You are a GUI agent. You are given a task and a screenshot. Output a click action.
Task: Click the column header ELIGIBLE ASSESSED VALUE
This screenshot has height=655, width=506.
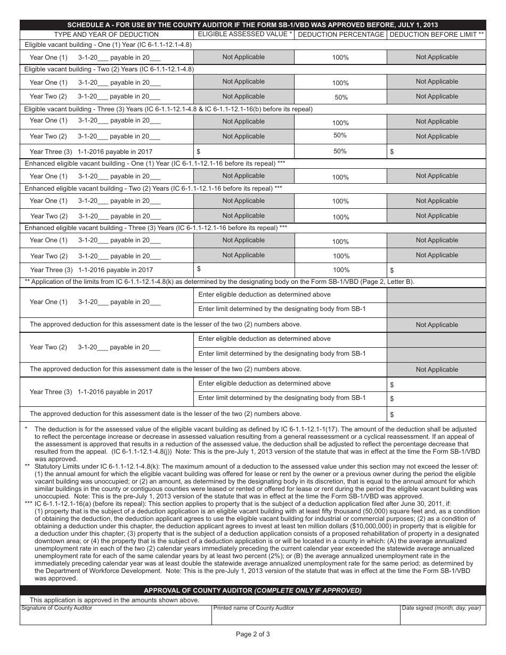pyautogui.click(x=244, y=34)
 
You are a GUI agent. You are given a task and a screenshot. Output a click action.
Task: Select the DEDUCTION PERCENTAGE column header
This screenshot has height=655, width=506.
pyautogui.click(x=340, y=35)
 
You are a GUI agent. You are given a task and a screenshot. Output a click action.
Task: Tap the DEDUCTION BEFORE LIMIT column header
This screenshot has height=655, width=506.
pyautogui.click(x=436, y=35)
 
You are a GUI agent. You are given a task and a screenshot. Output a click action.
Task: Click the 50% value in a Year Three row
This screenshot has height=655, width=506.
pyautogui.click(x=340, y=151)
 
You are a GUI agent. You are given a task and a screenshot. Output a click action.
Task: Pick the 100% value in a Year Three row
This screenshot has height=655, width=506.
pyautogui.click(x=341, y=270)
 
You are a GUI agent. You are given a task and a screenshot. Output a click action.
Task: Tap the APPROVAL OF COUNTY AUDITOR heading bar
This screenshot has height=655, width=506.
pyautogui.click(x=252, y=591)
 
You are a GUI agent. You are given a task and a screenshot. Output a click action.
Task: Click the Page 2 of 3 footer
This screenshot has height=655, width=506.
pyautogui.click(x=253, y=634)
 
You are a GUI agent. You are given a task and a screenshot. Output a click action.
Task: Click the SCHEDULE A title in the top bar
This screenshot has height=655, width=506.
pyautogui.click(x=252, y=25)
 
